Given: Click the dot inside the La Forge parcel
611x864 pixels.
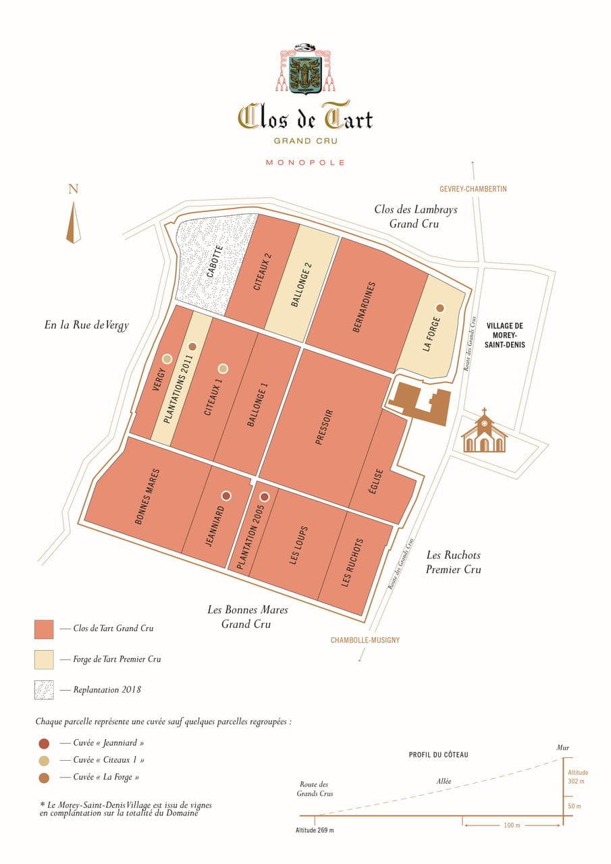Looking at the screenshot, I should pos(440,308).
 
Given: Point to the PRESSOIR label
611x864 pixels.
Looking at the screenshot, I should pos(324,427).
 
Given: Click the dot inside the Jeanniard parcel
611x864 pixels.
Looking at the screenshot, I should pos(226,495).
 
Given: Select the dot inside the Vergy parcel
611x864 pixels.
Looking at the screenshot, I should pos(167,359).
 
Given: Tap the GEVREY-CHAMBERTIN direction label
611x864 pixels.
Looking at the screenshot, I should pos(473,190).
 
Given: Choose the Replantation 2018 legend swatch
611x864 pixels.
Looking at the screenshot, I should pos(44,690).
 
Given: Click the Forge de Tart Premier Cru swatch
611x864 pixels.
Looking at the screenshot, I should pos(44,659).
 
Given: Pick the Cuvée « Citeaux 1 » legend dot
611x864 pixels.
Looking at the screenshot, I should pos(44,761).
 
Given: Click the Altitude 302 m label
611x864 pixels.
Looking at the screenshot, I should pos(577,777).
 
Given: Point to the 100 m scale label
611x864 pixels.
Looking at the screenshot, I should pos(511,826).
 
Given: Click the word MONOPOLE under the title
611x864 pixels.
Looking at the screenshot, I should pos(305,163).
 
